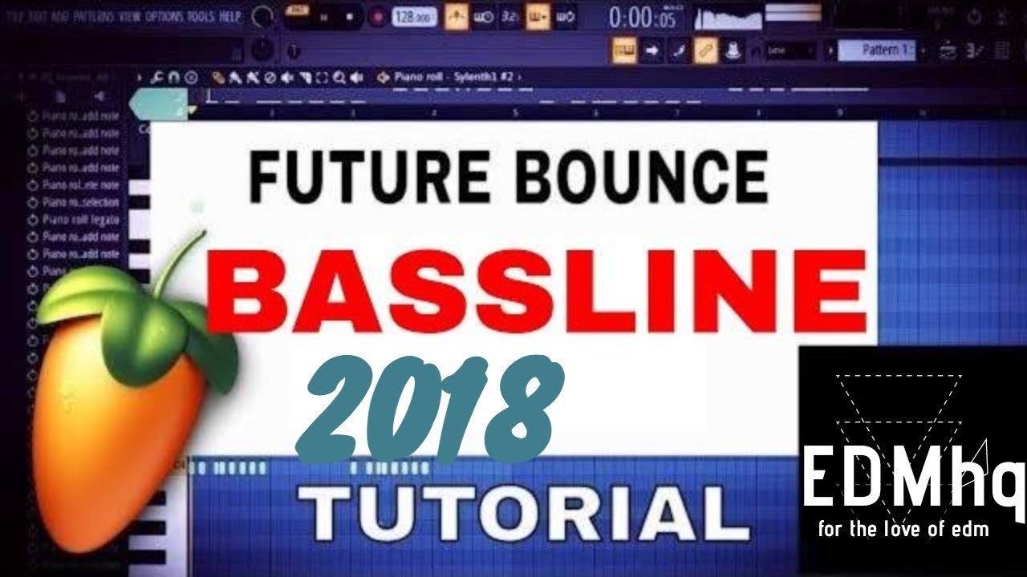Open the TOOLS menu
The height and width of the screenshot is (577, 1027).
tap(200, 15)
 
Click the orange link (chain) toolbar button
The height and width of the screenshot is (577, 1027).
tap(705, 50)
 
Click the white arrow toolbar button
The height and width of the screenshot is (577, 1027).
tap(652, 50)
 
